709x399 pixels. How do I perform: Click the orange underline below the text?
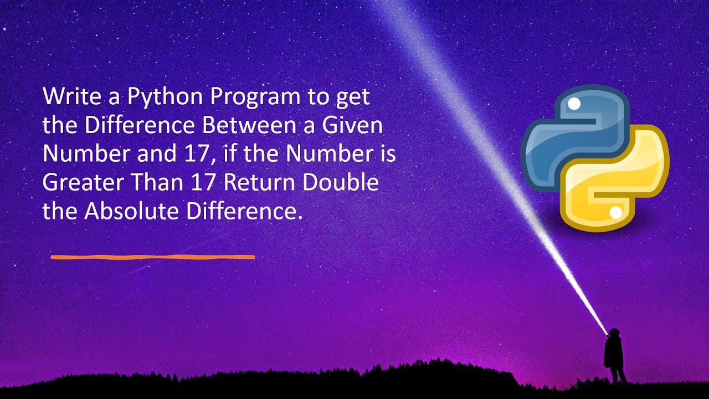152,257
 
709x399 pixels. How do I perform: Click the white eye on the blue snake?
574,104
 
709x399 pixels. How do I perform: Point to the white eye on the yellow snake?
615,212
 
